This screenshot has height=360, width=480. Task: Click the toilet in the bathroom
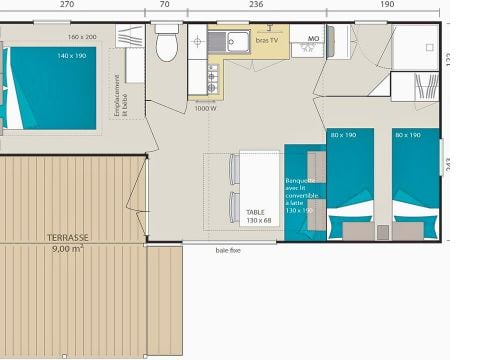167,45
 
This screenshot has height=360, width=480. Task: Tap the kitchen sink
236,41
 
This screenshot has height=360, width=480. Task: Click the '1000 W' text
205,108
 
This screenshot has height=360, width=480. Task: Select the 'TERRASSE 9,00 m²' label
68,242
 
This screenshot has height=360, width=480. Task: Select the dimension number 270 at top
66,5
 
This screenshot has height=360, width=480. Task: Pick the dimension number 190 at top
387,5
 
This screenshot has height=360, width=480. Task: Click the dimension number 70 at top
164,5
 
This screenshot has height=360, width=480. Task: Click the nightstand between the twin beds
382,231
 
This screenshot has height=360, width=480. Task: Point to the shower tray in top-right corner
413,47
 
